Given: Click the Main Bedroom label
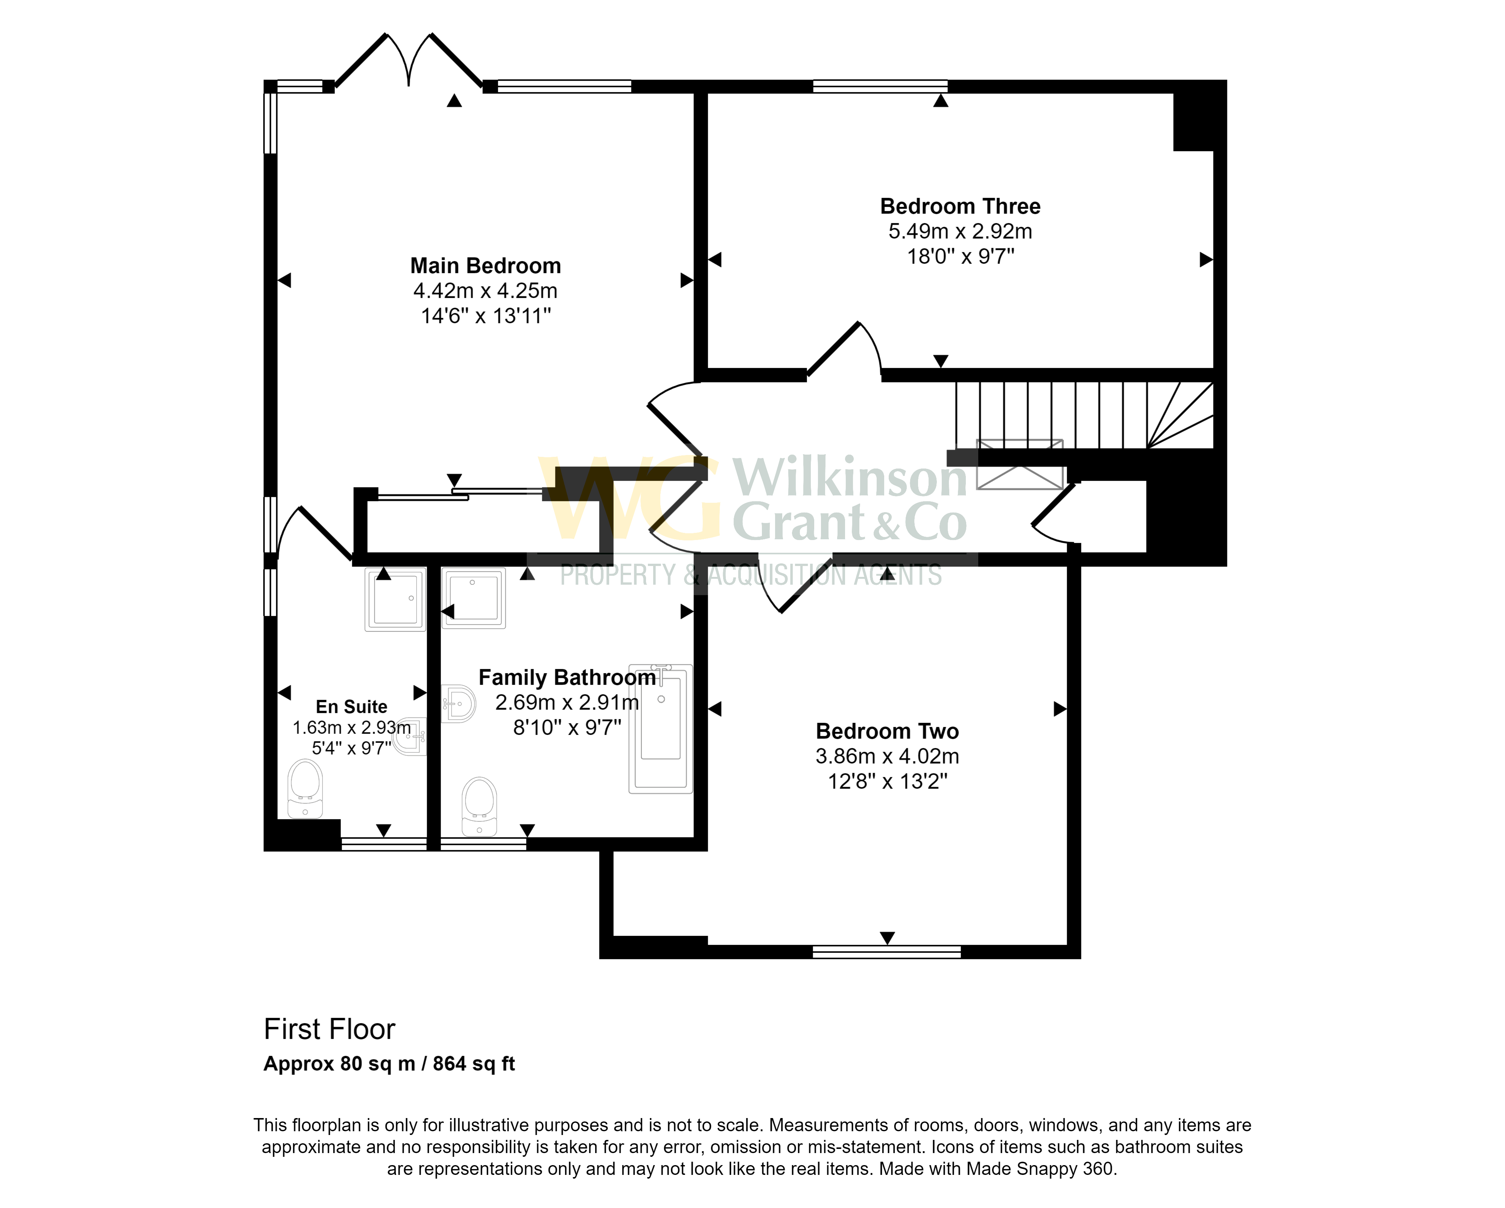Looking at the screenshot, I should point(485,266).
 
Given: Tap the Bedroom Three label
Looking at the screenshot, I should point(960,207).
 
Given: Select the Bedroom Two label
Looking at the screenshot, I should point(886,731).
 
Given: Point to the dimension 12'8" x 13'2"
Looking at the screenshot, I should point(886,781).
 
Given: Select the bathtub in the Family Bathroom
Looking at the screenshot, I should point(660,728).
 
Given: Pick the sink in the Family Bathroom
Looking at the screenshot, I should point(460,703).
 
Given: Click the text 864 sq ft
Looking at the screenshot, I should point(473,1064).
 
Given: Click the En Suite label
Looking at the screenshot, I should point(351,707).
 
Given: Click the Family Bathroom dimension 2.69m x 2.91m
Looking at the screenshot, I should point(567,703).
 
